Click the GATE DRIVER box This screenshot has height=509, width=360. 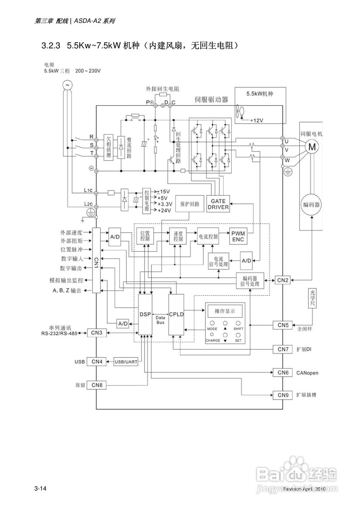(218, 204)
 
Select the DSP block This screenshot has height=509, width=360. (145, 314)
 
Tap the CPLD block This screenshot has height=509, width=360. (176, 314)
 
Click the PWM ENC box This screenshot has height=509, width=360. (238, 237)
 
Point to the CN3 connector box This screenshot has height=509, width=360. (97, 332)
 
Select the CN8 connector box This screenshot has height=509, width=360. (97, 385)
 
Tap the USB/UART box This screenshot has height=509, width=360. (126, 362)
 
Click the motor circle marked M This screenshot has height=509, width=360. (312, 147)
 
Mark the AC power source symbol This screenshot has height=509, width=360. (67, 84)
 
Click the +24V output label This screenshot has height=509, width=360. (164, 210)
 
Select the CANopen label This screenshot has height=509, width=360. (307, 373)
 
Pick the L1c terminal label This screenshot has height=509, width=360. (88, 190)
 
